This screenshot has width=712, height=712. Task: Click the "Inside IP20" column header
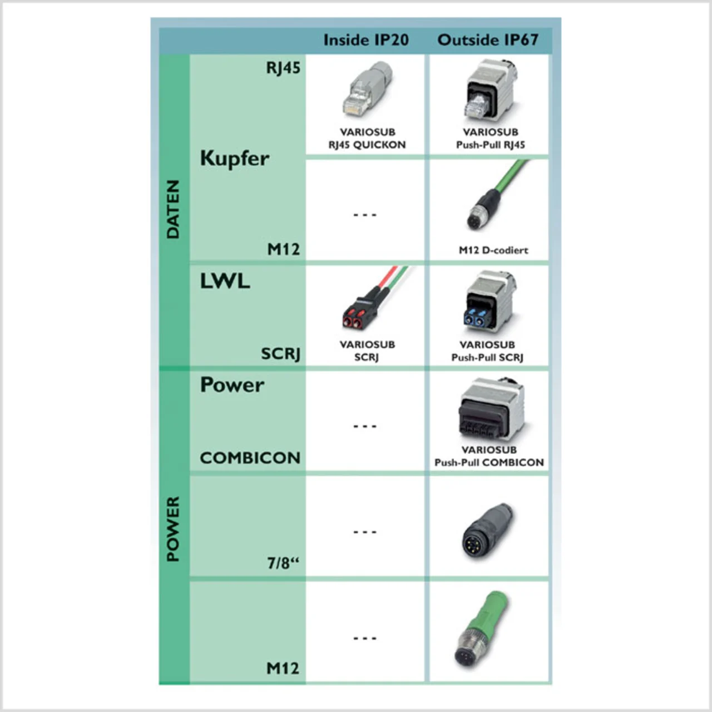(365, 40)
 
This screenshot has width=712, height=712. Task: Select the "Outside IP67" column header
(488, 40)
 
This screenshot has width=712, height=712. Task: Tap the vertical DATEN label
(174, 209)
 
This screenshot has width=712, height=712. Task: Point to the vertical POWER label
(174, 529)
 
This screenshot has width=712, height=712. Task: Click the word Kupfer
(234, 159)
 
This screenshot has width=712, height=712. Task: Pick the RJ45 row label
(283, 68)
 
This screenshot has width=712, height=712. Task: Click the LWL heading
(225, 281)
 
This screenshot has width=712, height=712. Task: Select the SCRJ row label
(280, 354)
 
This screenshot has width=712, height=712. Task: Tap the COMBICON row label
(250, 458)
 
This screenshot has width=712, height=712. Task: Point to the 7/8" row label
(283, 563)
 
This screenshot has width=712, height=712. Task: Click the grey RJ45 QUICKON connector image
(367, 89)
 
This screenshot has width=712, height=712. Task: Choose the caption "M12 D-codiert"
(493, 250)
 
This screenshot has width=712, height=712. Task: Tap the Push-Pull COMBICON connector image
(489, 409)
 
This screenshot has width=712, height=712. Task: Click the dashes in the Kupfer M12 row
(365, 215)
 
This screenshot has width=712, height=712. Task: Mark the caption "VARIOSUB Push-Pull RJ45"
(491, 139)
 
